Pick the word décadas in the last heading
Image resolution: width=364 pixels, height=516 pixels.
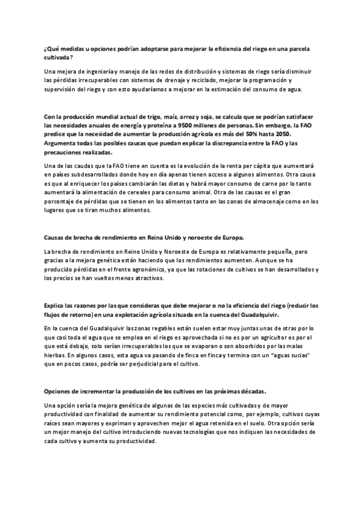246,391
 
